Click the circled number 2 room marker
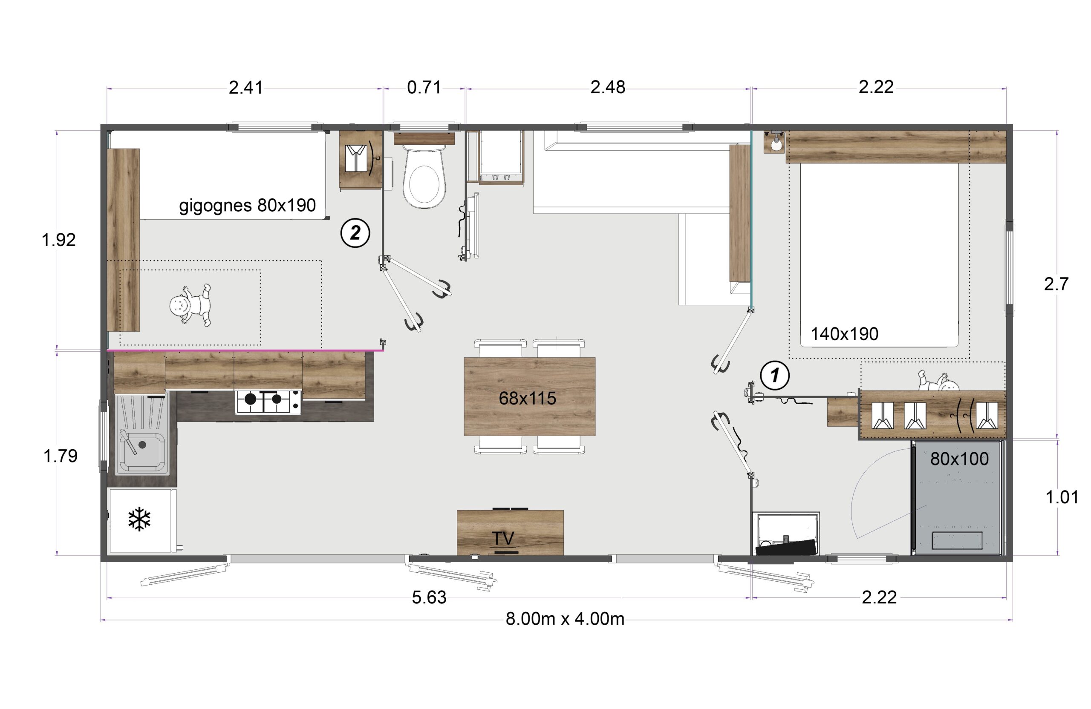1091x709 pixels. point(355,233)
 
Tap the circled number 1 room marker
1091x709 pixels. point(775,376)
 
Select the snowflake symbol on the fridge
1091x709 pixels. point(139,519)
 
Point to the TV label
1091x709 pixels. point(503,538)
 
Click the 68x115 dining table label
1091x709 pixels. point(527,399)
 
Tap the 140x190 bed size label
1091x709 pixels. point(844,334)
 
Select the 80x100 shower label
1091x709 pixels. point(959,459)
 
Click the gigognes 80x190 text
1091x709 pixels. point(247,206)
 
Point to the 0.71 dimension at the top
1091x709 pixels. point(424,87)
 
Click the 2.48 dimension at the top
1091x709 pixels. point(607,87)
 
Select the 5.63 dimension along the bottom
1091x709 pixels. point(429,597)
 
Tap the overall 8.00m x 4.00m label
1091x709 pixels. point(565,619)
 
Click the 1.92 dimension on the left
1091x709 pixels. point(59,240)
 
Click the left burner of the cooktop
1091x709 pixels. point(250,399)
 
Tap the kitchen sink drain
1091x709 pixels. point(143,444)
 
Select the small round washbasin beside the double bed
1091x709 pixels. point(776,145)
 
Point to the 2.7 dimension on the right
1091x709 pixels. point(1056,284)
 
